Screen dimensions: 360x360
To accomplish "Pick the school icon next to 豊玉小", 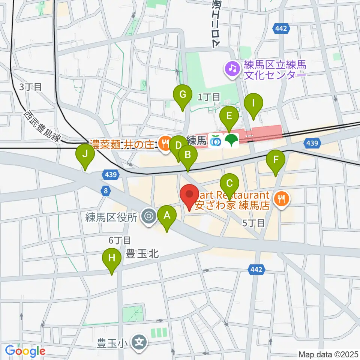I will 140,342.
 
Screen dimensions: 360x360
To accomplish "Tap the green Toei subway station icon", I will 232,141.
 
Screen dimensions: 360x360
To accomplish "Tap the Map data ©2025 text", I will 328,354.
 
